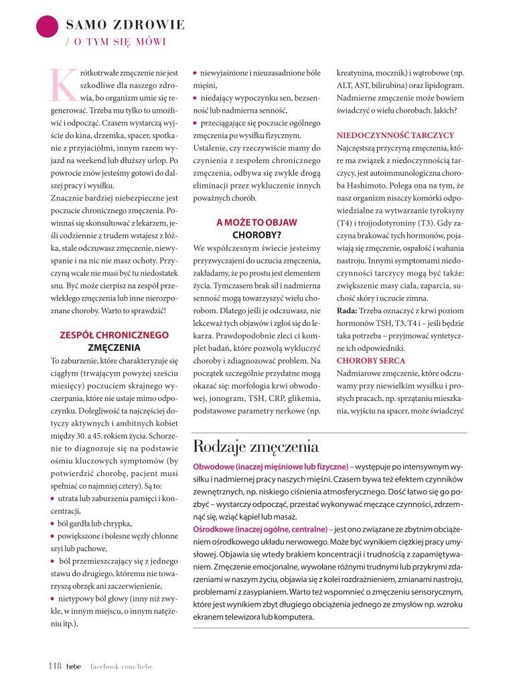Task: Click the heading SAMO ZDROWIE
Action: click(125, 25)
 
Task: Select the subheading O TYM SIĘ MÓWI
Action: click(119, 42)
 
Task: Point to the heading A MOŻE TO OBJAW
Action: click(256, 222)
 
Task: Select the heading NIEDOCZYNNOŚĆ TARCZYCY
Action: click(395, 134)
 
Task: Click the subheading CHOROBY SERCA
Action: click(366, 361)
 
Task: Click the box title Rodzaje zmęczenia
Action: click(255, 446)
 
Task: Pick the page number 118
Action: click(54, 666)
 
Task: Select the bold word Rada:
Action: click(346, 311)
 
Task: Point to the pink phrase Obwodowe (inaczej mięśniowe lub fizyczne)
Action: click(270, 465)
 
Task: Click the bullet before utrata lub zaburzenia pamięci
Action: click(53, 498)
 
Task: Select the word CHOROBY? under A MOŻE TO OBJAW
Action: click(256, 235)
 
